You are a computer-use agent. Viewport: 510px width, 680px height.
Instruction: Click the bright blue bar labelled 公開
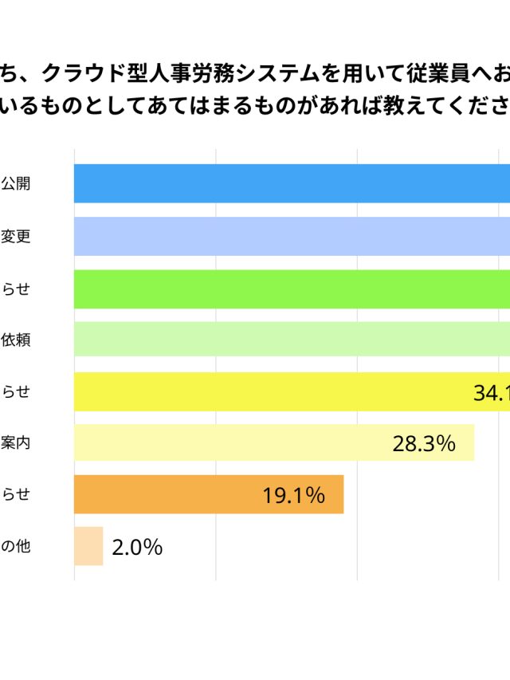point(292,183)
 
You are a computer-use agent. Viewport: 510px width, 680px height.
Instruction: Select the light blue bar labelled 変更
point(292,236)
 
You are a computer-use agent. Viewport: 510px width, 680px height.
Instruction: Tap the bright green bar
point(292,289)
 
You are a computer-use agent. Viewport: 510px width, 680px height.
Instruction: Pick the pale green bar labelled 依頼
point(292,339)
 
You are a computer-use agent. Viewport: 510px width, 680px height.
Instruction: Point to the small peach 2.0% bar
point(88,547)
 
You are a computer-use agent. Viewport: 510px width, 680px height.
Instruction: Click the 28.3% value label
point(424,444)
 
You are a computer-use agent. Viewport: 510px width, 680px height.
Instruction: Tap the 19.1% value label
point(293,496)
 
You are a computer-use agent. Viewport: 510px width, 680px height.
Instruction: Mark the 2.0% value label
point(137,548)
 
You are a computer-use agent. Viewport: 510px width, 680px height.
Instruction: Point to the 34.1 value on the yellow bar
point(491,392)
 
